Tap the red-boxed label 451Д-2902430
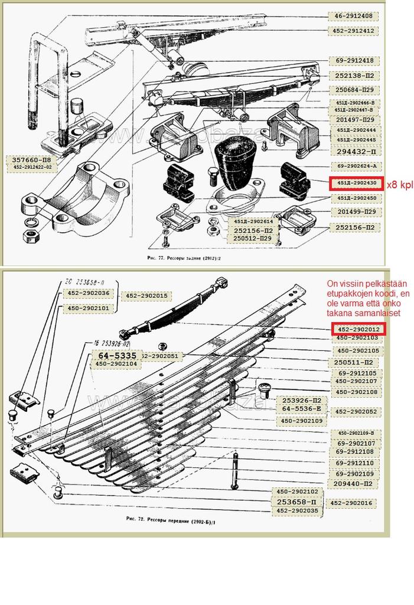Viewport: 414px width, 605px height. click(x=356, y=184)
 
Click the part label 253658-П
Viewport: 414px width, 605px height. click(x=298, y=502)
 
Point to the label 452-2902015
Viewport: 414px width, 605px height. click(x=145, y=295)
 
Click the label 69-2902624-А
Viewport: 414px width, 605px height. click(x=356, y=166)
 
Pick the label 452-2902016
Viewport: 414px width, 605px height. click(x=352, y=503)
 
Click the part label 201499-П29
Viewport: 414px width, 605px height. click(x=357, y=212)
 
